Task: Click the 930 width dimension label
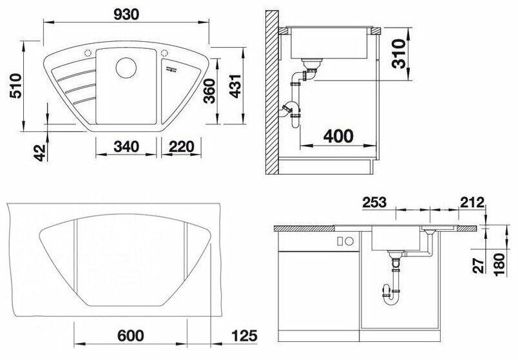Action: [x=126, y=14]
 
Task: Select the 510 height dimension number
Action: [x=16, y=86]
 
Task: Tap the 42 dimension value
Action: [x=41, y=153]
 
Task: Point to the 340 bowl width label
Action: [x=126, y=147]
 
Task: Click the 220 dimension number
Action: [x=182, y=147]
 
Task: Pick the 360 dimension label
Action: [x=209, y=91]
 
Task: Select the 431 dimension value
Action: [x=236, y=86]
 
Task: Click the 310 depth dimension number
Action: [x=398, y=53]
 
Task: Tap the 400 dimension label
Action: [x=338, y=136]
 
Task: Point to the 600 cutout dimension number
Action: [x=131, y=336]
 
